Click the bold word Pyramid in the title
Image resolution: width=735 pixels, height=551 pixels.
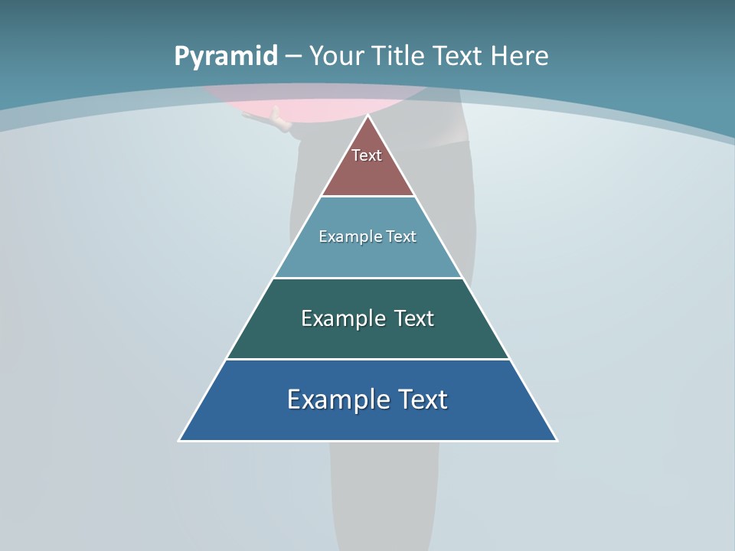tap(225, 56)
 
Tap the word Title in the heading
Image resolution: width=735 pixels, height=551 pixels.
tap(397, 56)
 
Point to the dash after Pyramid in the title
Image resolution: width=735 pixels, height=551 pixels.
tap(293, 57)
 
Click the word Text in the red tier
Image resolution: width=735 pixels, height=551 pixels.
tap(367, 155)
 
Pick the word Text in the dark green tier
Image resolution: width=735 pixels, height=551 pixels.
tap(413, 318)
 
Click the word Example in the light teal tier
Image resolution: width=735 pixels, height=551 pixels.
tap(345, 236)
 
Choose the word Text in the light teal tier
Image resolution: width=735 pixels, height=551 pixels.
tap(401, 236)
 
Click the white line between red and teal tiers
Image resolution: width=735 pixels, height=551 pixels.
tap(368, 197)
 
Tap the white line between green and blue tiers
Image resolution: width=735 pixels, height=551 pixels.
tap(368, 359)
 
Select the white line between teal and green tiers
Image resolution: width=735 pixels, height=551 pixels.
tap(368, 278)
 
